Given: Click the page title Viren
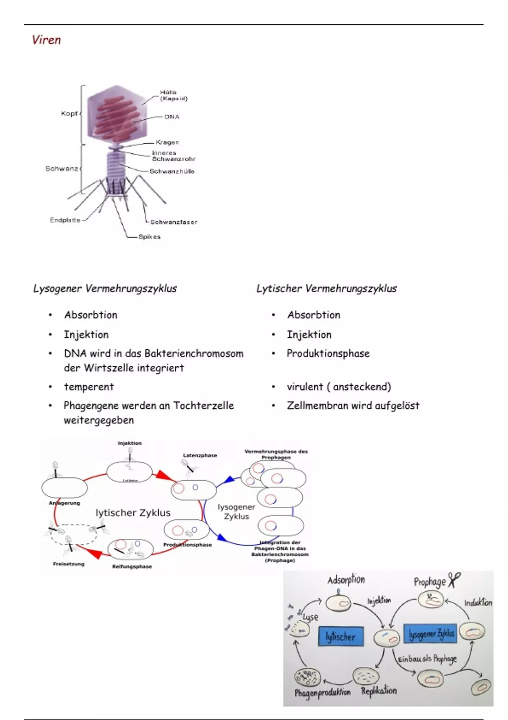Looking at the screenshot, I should point(47,40).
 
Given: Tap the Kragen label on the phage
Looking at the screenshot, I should point(167,142).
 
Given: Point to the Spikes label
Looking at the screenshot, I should point(149,237).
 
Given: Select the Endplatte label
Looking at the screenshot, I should point(65,220).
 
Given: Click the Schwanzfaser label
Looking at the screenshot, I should point(174,222).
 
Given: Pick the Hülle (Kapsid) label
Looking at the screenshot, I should point(173,95).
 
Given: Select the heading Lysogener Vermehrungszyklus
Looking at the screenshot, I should point(105,288).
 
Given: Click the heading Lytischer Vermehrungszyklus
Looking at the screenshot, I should point(326,288).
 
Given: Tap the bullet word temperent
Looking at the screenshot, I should point(89,387).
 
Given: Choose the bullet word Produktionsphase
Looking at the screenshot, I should point(328,353).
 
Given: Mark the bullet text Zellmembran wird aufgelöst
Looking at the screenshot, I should point(353,405).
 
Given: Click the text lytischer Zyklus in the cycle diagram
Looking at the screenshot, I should point(133,513).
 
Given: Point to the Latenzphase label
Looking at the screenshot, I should point(200,455).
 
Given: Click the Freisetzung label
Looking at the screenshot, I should point(69,564).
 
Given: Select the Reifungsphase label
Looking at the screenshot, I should point(132,567).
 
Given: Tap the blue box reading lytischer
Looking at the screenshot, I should point(341,636).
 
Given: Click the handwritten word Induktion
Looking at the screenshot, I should point(478,603).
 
